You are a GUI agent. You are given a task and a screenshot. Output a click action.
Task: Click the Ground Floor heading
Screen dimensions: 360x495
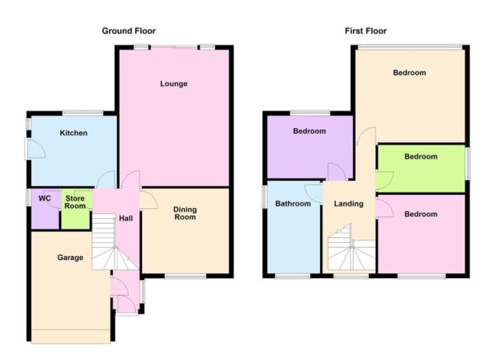click(129, 31)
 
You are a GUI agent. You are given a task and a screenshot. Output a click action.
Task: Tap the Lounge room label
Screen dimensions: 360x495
click(173, 83)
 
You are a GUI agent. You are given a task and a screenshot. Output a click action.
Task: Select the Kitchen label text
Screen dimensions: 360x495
click(73, 132)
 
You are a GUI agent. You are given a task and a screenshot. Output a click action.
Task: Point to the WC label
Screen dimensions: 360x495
click(45, 199)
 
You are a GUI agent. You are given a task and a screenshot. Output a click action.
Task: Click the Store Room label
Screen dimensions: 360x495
click(76, 202)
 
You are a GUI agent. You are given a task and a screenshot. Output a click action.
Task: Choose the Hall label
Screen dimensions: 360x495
click(125, 218)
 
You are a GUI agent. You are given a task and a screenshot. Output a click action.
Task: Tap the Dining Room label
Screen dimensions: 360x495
click(185, 214)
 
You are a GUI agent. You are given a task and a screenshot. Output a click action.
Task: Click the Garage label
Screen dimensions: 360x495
click(70, 258)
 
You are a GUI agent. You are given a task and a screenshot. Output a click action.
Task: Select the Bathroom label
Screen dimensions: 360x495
click(292, 203)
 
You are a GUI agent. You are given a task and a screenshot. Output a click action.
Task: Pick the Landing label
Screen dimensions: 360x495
click(348, 203)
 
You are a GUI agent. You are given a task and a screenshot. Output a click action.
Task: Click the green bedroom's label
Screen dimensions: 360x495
click(421, 156)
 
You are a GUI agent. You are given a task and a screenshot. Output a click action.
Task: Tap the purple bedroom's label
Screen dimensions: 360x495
click(309, 131)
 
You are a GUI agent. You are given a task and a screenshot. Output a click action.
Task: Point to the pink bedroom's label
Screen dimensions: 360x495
click(421, 214)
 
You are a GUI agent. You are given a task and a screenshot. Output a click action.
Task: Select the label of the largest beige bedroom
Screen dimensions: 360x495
click(409, 73)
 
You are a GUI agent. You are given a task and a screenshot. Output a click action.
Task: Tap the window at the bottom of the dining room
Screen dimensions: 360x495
click(185, 276)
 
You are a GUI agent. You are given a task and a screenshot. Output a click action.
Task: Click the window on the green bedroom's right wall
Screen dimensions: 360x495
click(468, 162)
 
